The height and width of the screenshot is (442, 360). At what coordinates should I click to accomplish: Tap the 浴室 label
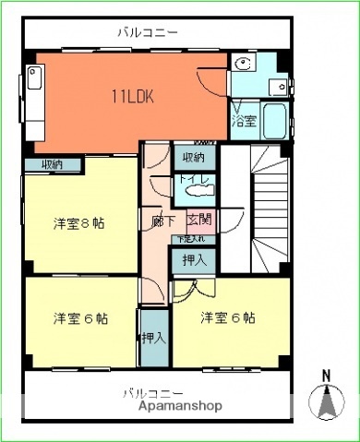tap(243, 121)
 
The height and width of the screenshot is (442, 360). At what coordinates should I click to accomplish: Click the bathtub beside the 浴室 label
tap(273, 119)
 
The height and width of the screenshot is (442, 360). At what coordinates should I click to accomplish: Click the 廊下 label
tap(163, 221)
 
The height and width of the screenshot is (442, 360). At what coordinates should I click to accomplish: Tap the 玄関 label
tap(199, 221)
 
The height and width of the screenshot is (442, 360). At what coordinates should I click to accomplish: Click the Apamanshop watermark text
tap(181, 405)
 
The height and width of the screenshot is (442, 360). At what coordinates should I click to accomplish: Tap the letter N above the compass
tap(325, 375)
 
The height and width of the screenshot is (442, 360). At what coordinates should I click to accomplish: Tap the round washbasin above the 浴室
tap(243, 65)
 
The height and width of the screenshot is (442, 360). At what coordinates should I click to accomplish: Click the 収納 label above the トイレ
tap(193, 156)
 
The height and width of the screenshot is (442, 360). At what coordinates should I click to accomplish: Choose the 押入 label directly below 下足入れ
tap(193, 259)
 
